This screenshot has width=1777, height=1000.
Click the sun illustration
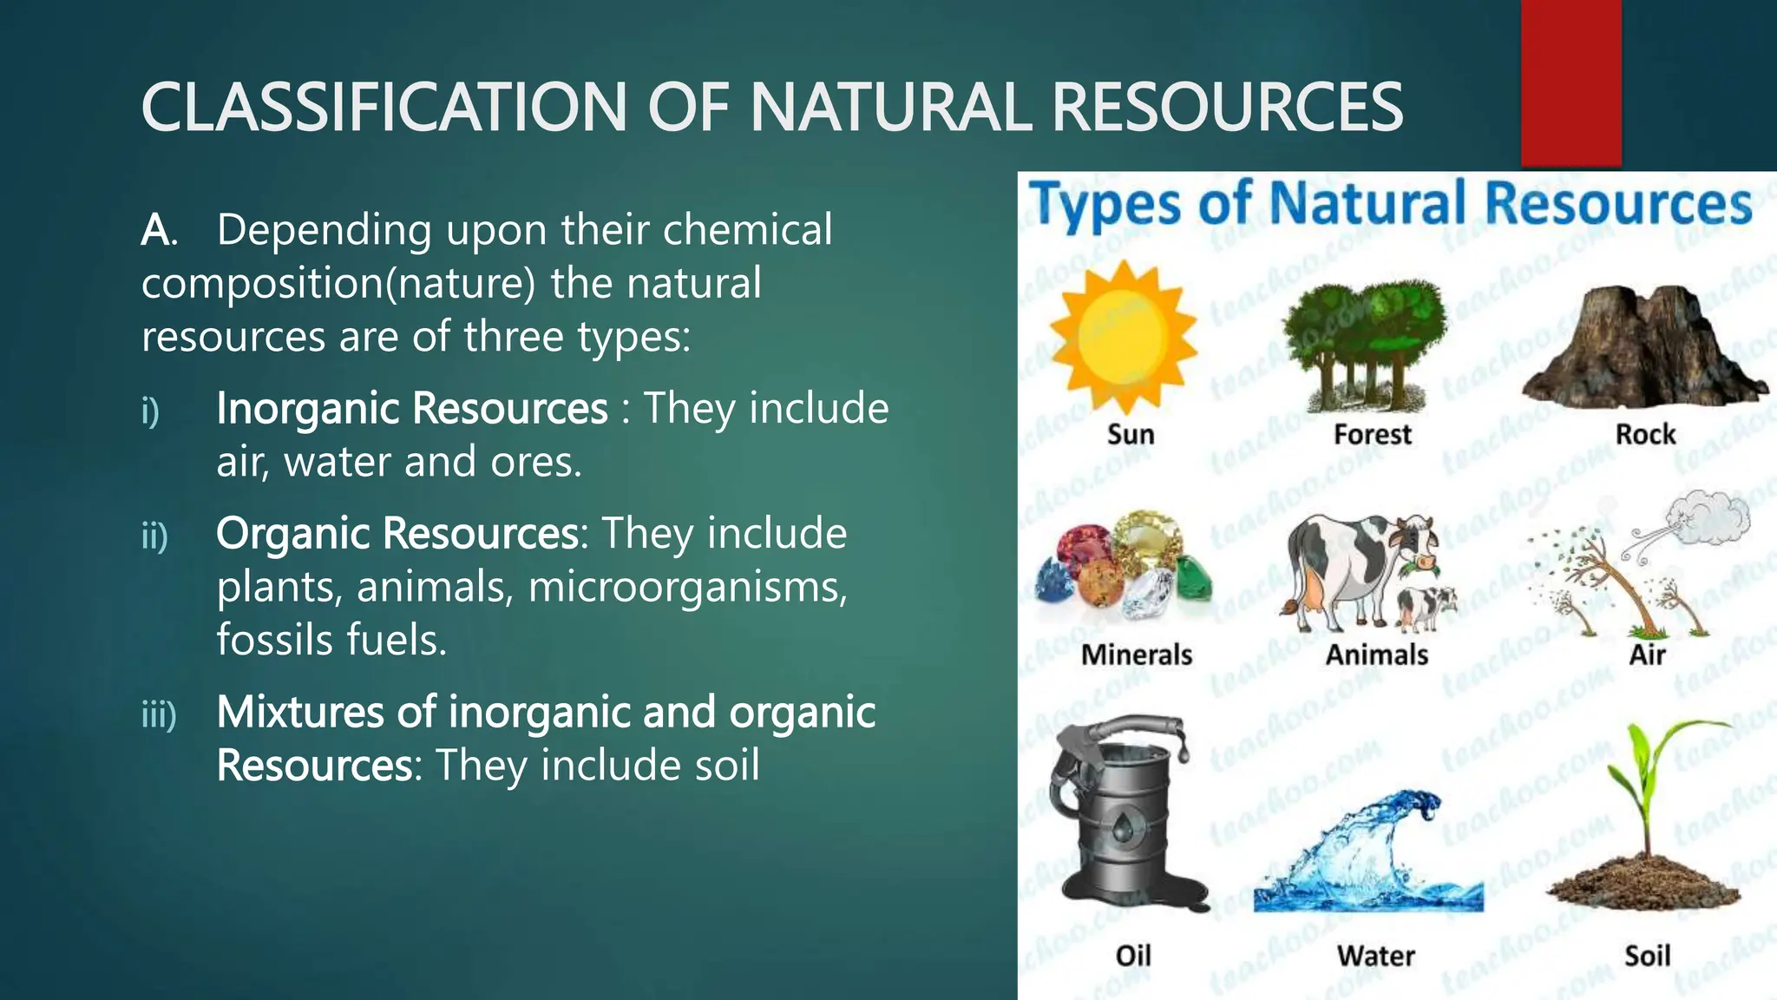1123,337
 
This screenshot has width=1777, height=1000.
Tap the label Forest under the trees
1372,434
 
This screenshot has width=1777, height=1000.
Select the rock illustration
1643,347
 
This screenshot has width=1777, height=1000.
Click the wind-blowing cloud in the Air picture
1709,518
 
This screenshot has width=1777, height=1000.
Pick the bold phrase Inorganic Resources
412,408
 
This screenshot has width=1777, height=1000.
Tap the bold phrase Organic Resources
397,533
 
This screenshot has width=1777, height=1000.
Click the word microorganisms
686,587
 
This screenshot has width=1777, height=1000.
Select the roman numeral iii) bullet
159,714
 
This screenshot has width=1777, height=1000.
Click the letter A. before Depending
159,231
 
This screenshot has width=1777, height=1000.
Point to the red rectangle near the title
1570,82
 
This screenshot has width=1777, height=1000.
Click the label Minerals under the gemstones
1136,655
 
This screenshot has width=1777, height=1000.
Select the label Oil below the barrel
1132,956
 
